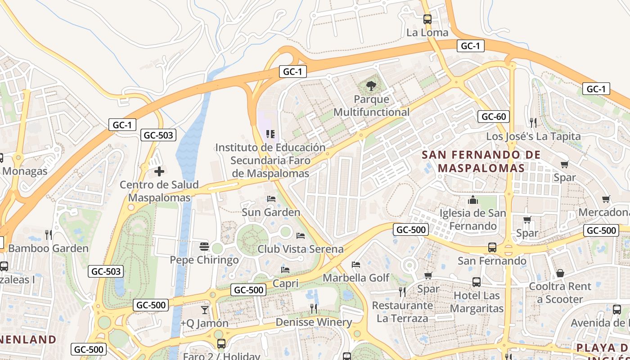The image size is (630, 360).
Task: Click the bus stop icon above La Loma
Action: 427,19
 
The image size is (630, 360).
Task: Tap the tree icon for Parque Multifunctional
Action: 371,85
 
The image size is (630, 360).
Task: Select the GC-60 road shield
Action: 494,117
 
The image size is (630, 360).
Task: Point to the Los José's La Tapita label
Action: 533,136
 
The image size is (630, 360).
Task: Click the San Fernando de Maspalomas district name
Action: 481,162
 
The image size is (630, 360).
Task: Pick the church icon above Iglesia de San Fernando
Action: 473,200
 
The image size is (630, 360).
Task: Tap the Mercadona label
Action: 604,212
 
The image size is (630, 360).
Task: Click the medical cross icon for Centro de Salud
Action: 159,171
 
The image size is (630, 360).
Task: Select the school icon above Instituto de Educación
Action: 270,134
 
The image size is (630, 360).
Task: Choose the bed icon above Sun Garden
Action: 271,199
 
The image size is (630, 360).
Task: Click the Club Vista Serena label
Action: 300,249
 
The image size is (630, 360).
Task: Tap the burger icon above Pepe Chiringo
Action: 204,247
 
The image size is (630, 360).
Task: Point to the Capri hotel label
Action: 285,283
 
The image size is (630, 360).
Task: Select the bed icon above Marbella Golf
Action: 356,265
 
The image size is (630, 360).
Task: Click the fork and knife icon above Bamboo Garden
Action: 49,234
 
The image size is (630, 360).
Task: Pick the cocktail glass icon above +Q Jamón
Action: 205,310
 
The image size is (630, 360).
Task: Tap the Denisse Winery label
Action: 314,322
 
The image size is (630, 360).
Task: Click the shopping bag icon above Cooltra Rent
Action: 560,273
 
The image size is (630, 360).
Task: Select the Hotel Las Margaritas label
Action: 477,302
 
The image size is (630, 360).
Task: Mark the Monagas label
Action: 25,171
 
